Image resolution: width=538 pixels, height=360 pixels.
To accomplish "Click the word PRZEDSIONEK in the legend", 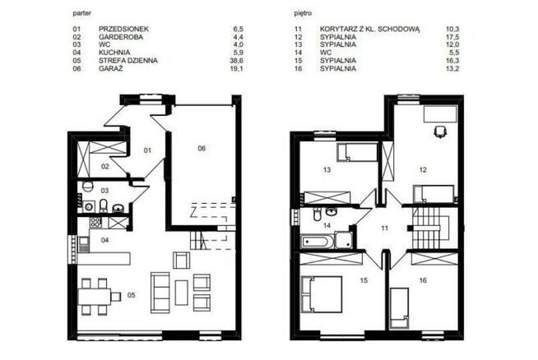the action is tap(123, 29).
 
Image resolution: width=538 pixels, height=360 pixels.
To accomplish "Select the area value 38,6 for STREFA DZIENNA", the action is tap(236, 61).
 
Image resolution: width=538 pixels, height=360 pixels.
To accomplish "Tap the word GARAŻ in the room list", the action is tap(110, 68).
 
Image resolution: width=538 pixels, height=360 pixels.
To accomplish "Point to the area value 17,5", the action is tap(452, 37).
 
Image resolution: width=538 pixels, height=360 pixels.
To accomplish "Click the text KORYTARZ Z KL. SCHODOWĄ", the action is tap(370, 29).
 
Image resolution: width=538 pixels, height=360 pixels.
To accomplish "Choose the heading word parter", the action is tap(82, 14).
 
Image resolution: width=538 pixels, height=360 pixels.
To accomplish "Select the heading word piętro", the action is tap(303, 14).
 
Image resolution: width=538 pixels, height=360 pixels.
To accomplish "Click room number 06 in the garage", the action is tap(202, 148).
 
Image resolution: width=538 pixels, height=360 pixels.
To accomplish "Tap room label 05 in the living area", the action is tap(131, 295).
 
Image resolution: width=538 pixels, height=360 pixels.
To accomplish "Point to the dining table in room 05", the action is tap(95, 297).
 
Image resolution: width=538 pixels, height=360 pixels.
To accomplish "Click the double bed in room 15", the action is tap(321, 294).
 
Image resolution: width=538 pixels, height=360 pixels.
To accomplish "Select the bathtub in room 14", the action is tap(317, 242).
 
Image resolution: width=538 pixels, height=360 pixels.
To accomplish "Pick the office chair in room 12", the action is tap(439, 132).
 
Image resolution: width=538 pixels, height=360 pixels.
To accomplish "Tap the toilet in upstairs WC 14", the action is tap(318, 215).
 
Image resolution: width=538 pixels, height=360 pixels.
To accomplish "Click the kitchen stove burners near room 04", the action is tap(95, 222).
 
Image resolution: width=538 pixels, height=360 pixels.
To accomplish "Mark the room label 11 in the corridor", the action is tap(385, 228).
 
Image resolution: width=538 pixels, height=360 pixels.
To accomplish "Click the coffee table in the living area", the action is tap(182, 293).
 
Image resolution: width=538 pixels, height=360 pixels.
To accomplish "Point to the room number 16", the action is tap(423, 280).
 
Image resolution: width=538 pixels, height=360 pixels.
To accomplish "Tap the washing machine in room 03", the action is tap(89, 207).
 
